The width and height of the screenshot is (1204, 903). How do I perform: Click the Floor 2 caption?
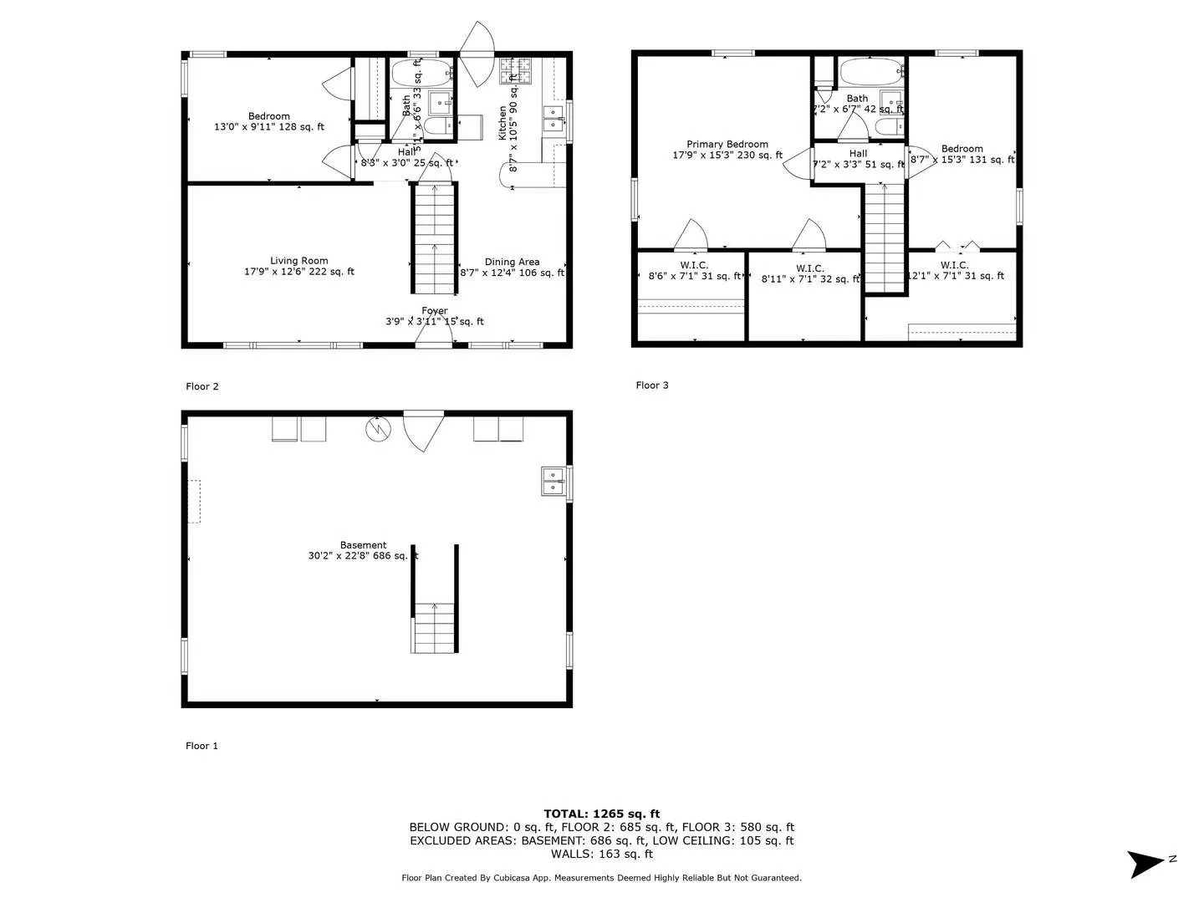pos(202,386)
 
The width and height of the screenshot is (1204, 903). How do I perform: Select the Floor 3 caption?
pos(651,385)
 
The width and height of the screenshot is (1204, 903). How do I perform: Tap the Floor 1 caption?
pos(202,746)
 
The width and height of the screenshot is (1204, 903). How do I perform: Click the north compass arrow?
pos(1146,863)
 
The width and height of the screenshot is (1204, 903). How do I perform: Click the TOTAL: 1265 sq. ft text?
pos(601,814)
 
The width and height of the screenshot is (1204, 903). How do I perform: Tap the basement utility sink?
pos(553,482)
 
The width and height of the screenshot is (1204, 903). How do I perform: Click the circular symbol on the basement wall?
pos(378,429)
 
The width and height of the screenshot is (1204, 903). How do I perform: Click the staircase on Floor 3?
pos(885,238)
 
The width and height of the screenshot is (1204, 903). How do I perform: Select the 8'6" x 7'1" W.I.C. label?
pos(694,271)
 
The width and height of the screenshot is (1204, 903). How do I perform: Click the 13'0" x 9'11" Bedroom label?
pos(268,122)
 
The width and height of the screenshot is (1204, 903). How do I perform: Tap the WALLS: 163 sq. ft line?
pos(601,854)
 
